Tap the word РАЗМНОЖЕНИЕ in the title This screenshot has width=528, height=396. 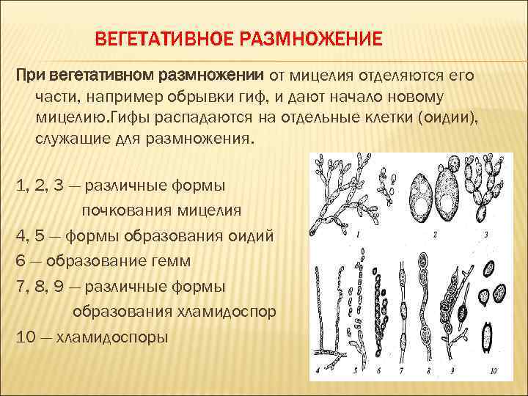click(312, 37)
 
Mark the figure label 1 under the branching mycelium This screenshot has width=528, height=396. click(357, 235)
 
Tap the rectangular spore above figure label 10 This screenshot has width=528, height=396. click(485, 338)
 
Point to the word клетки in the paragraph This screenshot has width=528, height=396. click(386, 117)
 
